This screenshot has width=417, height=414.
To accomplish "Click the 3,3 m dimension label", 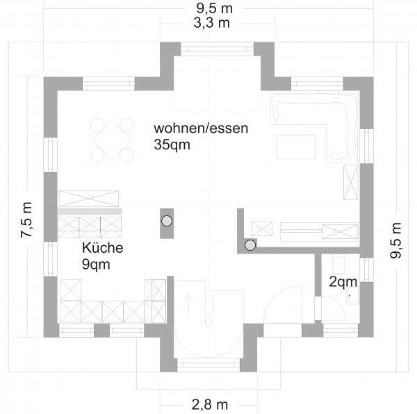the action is point(212,23).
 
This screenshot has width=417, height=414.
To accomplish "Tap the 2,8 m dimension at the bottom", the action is point(210,405).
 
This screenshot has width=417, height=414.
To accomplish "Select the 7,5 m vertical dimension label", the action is point(26,220).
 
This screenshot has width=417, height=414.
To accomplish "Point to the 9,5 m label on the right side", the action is point(395,240).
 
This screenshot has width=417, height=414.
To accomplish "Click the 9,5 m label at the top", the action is point(215,8).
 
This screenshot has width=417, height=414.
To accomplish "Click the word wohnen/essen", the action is point(201,128).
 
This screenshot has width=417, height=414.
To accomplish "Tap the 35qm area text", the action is point(172,145).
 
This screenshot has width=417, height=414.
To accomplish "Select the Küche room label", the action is point(103,248).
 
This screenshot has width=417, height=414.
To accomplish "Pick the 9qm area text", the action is point(96,265).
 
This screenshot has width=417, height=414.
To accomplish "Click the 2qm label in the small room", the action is point(343,281).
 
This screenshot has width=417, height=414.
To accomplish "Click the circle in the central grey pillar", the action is point(167,221).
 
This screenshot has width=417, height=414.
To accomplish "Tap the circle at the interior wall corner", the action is point(250,245).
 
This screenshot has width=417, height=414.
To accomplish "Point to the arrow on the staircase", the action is point(189,305).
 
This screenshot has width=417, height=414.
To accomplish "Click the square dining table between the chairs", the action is point(112,140).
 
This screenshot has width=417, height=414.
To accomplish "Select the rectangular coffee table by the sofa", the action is point(296,147).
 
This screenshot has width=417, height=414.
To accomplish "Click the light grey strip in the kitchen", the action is point(90,212).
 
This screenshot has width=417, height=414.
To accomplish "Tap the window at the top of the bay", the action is point(218,49).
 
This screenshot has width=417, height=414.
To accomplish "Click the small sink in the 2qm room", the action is point(353,296).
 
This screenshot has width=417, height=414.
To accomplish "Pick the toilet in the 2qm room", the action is point(339,265).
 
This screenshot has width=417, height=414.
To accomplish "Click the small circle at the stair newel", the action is point(208,322).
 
